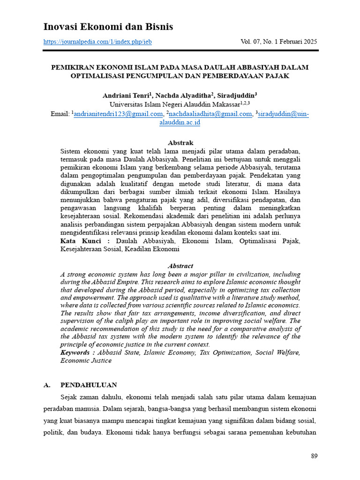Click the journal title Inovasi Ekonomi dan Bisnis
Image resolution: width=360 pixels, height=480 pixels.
pyautogui.click(x=108, y=27)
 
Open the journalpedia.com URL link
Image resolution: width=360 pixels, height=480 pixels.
pyautogui.click(x=97, y=42)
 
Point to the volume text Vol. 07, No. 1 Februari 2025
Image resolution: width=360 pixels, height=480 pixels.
pyautogui.click(x=278, y=42)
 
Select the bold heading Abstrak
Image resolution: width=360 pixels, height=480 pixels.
pyautogui.click(x=180, y=142)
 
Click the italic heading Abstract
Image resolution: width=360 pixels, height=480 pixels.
pyautogui.click(x=180, y=266)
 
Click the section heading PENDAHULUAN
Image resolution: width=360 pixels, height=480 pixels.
pyautogui.click(x=89, y=385)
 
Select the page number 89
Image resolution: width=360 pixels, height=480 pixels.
pyautogui.click(x=314, y=456)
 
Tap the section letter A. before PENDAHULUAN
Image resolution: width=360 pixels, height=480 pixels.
pyautogui.click(x=46, y=385)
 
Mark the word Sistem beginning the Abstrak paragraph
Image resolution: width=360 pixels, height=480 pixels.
pyautogui.click(x=71, y=151)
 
